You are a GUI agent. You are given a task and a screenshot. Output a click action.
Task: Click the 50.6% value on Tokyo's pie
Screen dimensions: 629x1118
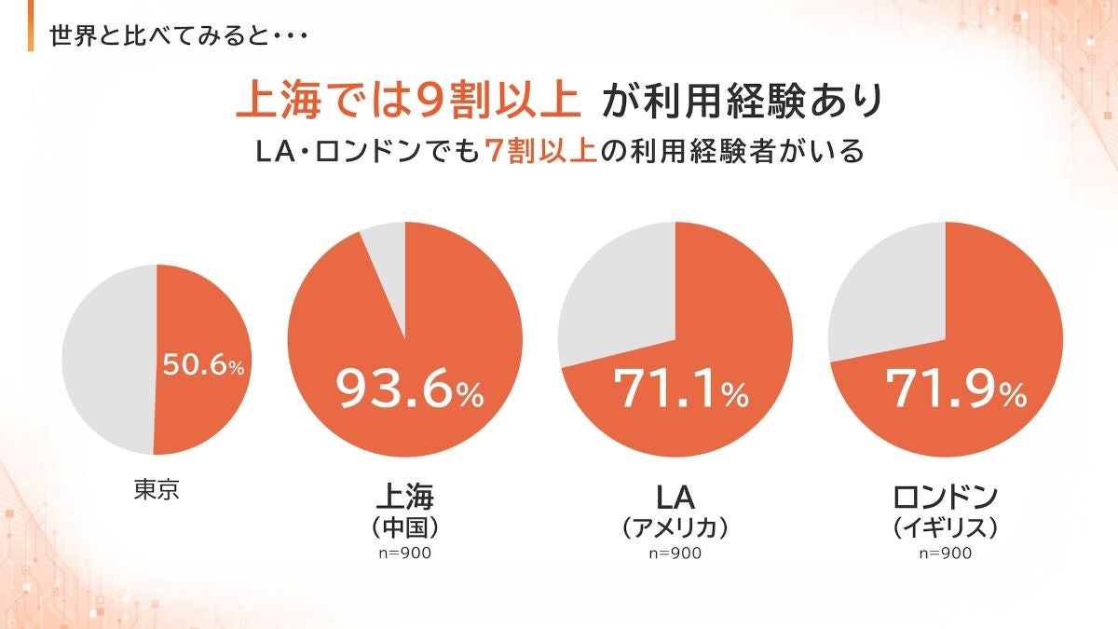[203, 365]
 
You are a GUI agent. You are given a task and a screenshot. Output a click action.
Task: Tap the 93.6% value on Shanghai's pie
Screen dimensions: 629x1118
[410, 390]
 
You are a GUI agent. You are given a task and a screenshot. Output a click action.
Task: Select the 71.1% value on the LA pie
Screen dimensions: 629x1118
[680, 390]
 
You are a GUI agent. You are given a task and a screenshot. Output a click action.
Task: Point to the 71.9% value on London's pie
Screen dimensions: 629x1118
[956, 390]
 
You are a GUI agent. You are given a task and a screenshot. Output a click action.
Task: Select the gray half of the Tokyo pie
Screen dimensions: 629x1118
[107, 359]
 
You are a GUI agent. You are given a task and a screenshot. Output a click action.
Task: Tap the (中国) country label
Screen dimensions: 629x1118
[404, 526]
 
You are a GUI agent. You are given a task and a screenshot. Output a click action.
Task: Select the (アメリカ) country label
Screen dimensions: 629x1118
[675, 527]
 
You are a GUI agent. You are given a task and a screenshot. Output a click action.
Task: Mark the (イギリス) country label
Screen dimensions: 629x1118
[945, 527]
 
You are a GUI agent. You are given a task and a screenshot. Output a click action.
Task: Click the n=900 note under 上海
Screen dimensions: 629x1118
[404, 554]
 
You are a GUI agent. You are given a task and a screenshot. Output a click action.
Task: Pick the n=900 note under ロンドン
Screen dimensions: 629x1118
[945, 554]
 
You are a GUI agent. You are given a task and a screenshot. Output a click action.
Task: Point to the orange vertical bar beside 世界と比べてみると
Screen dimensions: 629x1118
[33, 34]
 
